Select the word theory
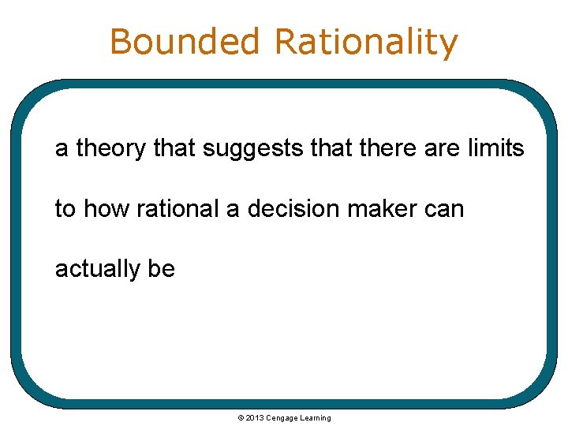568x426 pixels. tap(112, 148)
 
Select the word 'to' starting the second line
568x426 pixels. tap(65, 209)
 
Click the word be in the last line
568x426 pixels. tap(161, 269)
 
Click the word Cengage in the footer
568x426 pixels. tap(282, 418)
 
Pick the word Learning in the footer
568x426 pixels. tap(316, 418)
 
